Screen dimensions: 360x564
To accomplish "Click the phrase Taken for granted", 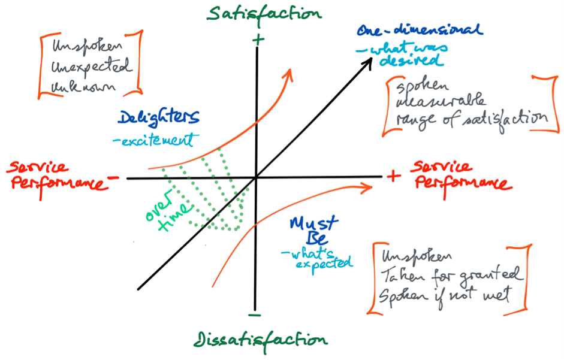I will tap(451, 277).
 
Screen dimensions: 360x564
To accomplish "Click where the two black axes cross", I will tap(256, 177).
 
